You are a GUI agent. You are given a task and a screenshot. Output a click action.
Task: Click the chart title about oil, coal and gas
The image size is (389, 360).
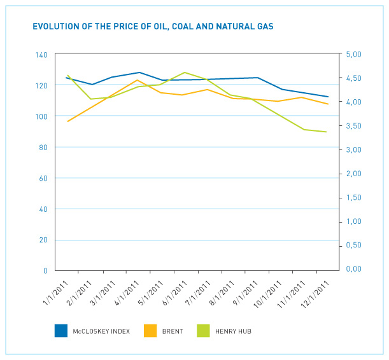(153, 27)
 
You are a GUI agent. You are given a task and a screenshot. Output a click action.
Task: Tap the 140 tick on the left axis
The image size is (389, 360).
(42, 55)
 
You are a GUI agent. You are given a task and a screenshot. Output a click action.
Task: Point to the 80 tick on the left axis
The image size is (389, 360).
(44, 148)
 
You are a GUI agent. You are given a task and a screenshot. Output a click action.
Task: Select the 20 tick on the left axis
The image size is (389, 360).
(44, 240)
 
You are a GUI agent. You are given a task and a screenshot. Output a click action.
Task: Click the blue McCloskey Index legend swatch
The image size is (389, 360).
(61, 330)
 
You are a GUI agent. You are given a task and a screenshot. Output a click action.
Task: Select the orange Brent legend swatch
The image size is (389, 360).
(150, 330)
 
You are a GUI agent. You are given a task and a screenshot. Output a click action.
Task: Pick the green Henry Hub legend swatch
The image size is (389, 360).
(204, 330)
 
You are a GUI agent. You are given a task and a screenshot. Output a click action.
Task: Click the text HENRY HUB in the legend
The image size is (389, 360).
(234, 331)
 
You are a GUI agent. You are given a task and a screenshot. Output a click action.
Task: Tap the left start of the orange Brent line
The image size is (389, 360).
(67, 121)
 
